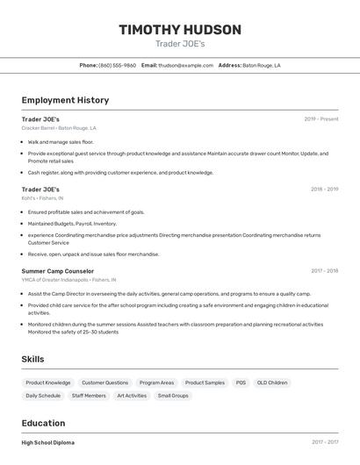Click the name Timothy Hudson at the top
pyautogui.click(x=180, y=30)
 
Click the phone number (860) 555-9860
pyautogui.click(x=117, y=65)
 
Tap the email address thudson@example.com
pyautogui.click(x=186, y=65)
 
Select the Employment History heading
pyautogui.click(x=65, y=100)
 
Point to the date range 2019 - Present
pyautogui.click(x=321, y=118)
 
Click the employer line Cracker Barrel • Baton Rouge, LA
pyautogui.click(x=59, y=128)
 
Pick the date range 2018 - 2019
pyautogui.click(x=324, y=189)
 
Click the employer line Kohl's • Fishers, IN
pyautogui.click(x=42, y=198)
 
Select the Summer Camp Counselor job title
pyautogui.click(x=57, y=271)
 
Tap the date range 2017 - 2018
pyautogui.click(x=324, y=271)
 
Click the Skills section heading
pyautogui.click(x=32, y=359)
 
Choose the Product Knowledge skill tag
pyautogui.click(x=48, y=383)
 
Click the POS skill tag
pyautogui.click(x=241, y=383)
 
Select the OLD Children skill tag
pyautogui.click(x=272, y=383)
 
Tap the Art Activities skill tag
pyautogui.click(x=132, y=396)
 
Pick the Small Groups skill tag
pyautogui.click(x=173, y=396)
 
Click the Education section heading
pyautogui.click(x=43, y=423)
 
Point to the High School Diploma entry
pyautogui.click(x=48, y=442)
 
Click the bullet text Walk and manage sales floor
pyautogui.click(x=61, y=141)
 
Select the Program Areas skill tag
pyautogui.click(x=156, y=383)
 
